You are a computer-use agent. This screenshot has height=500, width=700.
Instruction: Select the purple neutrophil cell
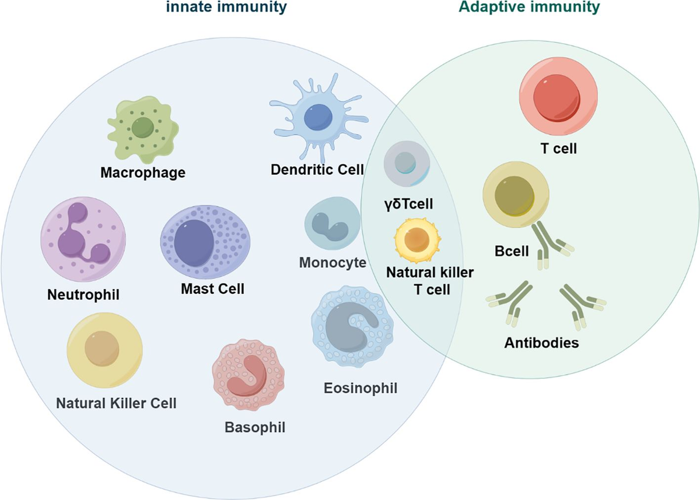click(x=83, y=238)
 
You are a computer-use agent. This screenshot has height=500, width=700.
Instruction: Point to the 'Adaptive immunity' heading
click(x=529, y=8)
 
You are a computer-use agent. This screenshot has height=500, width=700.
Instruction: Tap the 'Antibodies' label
click(x=541, y=342)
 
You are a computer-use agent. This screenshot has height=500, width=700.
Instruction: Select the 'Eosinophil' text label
click(x=360, y=387)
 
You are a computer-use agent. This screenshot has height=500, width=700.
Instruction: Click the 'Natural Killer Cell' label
click(x=116, y=402)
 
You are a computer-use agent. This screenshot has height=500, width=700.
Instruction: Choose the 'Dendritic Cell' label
click(x=317, y=170)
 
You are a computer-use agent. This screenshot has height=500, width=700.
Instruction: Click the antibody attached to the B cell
click(x=551, y=245)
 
